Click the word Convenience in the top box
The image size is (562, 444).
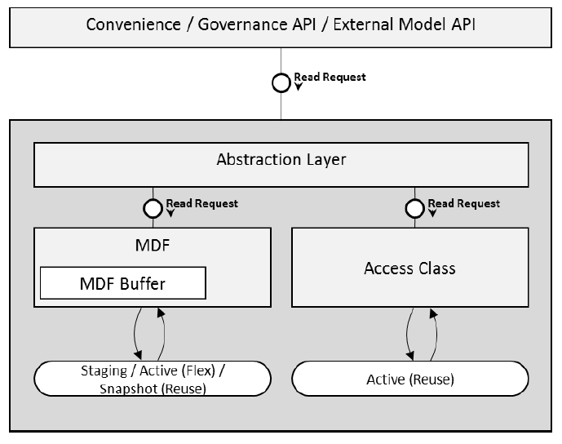(133, 23)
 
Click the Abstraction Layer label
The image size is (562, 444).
(281, 159)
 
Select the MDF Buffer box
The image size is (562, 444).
(122, 283)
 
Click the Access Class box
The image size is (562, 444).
(409, 268)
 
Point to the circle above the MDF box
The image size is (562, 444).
(152, 208)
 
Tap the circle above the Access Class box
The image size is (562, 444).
(414, 208)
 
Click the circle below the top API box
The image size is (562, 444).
(281, 82)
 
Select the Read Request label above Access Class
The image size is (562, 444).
(463, 203)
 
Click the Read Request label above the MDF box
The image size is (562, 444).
(201, 203)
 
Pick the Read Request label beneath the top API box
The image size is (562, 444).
(330, 78)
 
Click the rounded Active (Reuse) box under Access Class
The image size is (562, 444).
(409, 380)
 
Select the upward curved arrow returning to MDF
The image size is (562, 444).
(166, 334)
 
